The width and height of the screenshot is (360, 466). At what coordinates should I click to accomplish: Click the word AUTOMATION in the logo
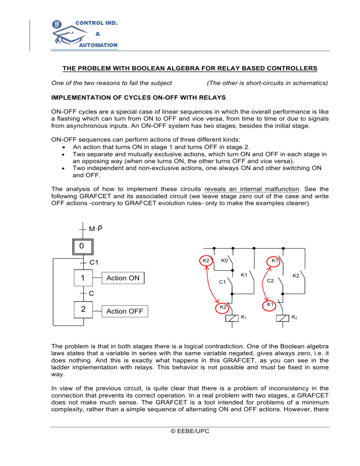[98, 45]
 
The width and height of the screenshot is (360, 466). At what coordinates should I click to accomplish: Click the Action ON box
[123, 278]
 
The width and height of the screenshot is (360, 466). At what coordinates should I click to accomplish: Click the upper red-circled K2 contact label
[205, 260]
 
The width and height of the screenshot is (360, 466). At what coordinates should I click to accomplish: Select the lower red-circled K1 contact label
[270, 305]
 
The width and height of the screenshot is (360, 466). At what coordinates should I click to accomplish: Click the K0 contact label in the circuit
[225, 261]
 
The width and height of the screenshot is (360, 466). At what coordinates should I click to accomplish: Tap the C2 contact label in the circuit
[270, 281]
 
